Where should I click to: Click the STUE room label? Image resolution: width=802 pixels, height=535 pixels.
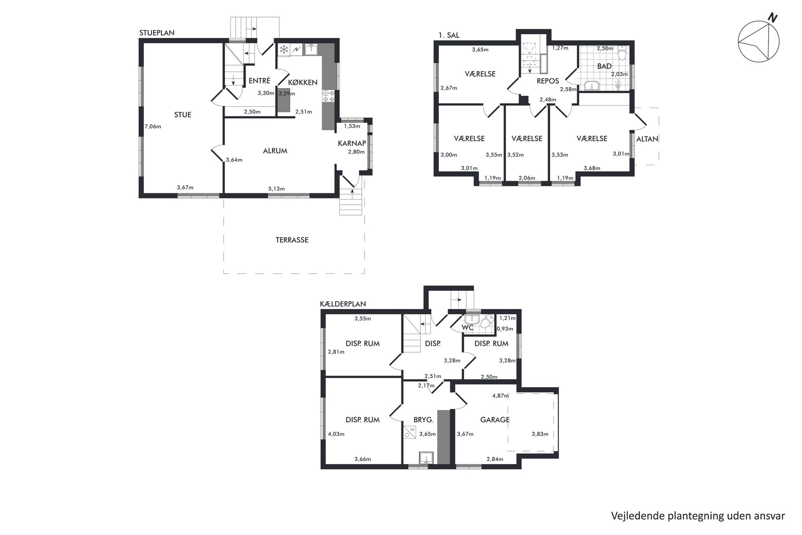183,115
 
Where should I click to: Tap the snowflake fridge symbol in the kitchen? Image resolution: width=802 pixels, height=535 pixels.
284,50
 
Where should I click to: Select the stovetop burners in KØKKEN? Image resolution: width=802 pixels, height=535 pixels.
328,96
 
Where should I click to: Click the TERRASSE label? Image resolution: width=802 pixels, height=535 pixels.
292,240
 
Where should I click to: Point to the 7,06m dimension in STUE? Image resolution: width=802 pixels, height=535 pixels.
153,127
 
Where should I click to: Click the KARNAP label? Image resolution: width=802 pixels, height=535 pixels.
352,143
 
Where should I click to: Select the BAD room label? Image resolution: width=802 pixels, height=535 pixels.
604,66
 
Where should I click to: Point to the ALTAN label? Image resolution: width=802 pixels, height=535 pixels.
647,139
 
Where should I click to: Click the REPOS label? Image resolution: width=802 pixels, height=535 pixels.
548,81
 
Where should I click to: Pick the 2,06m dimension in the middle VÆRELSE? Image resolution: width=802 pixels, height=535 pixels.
527,178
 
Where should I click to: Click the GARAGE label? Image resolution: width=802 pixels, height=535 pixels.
495,420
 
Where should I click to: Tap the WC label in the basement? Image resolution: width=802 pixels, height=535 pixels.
468,328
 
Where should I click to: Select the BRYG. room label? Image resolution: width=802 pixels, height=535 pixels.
423,420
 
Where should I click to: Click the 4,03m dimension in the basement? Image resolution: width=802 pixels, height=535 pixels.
336,434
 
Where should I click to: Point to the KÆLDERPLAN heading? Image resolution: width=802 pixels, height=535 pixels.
343,304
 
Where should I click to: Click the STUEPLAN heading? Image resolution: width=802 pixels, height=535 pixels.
157,33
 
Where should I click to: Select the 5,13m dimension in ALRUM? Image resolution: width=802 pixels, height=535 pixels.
276,189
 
